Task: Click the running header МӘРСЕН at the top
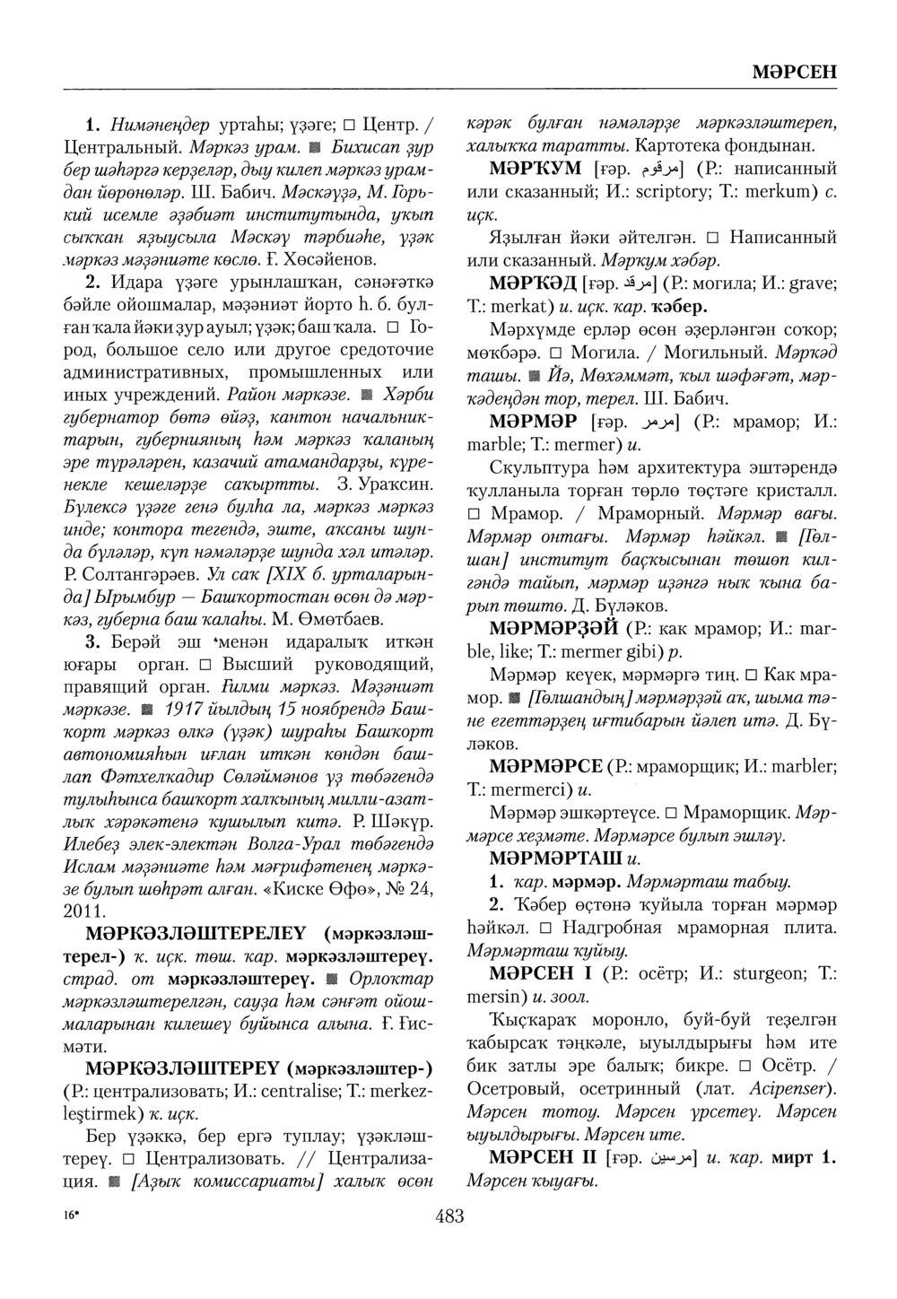793,72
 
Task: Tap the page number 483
448,1216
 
